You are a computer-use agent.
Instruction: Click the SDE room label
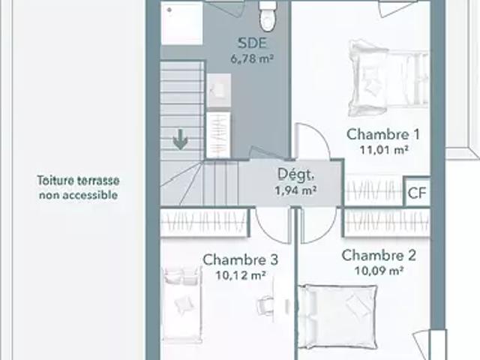pyautogui.click(x=252, y=43)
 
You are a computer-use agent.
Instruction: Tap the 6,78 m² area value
pyautogui.click(x=252, y=58)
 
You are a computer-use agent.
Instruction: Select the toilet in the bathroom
pyautogui.click(x=268, y=16)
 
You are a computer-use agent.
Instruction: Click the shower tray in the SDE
pyautogui.click(x=182, y=23)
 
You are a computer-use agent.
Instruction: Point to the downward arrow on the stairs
pyautogui.click(x=180, y=139)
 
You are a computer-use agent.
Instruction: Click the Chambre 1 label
pyautogui.click(x=383, y=134)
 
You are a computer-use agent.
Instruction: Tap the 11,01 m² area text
pyautogui.click(x=384, y=150)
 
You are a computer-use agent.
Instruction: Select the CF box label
pyautogui.click(x=417, y=193)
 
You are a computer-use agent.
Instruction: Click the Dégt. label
pyautogui.click(x=295, y=175)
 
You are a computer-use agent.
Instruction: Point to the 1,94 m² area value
pyautogui.click(x=295, y=190)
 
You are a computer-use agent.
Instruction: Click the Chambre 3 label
pyautogui.click(x=240, y=260)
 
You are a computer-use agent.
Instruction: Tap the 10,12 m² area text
pyautogui.click(x=240, y=275)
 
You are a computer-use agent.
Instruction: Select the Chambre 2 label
pyautogui.click(x=379, y=256)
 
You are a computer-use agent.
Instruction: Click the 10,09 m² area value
pyautogui.click(x=379, y=271)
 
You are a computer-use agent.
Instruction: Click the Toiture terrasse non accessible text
pyautogui.click(x=78, y=187)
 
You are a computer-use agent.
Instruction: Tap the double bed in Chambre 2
pyautogui.click(x=337, y=316)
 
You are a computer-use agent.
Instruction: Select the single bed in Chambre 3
pyautogui.click(x=182, y=304)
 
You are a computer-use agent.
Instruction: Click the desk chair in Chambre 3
pyautogui.click(x=264, y=305)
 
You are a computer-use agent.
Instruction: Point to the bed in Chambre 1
pyautogui.click(x=388, y=79)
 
